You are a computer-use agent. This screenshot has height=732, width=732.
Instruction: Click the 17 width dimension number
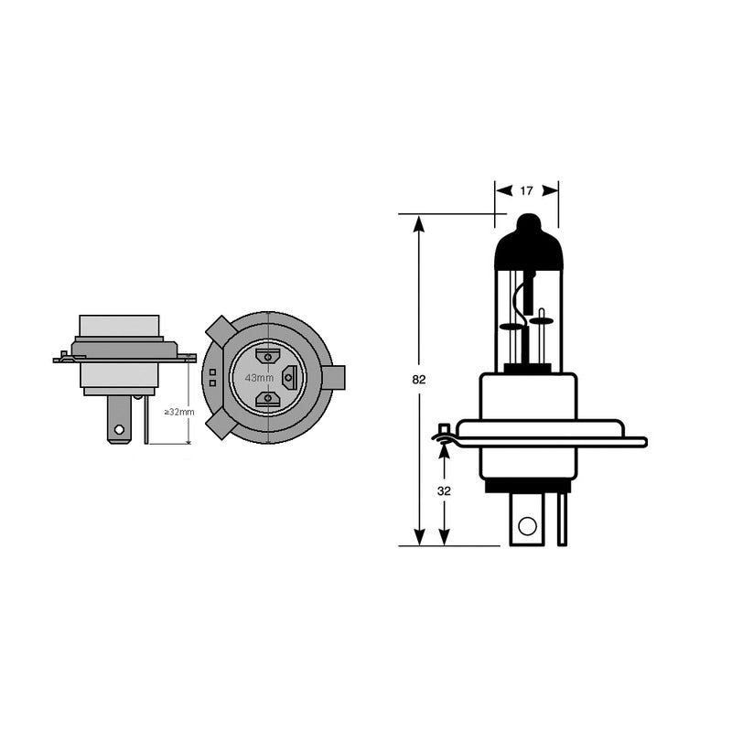pos(526,191)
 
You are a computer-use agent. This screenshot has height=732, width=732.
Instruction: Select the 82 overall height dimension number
pos(420,379)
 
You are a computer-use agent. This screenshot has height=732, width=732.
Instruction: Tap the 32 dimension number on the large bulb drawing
pos(445,490)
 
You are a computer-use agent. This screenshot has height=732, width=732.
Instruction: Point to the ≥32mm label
pos(179,412)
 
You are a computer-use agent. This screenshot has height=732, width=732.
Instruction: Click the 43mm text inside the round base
pos(259,378)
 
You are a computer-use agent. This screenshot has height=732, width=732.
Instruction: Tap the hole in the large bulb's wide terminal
pos(526,525)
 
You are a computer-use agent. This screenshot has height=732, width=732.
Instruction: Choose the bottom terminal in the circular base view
pos(267,398)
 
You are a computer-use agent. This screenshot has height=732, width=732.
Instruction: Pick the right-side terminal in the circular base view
pos(290,375)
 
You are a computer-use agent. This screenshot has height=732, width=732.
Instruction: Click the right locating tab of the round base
pos(334,376)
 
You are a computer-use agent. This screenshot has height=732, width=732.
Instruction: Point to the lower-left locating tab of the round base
pos(218,424)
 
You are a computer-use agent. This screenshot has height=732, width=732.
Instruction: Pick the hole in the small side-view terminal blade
pos(116,425)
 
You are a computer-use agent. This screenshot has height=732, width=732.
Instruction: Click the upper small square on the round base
pos(212,371)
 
